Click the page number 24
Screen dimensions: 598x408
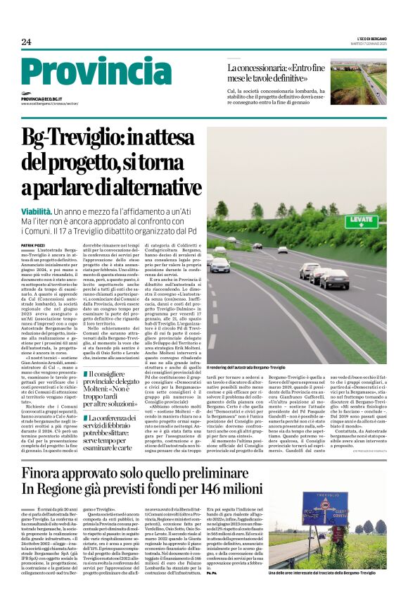click(26, 42)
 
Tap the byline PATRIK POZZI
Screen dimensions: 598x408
click(32, 244)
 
